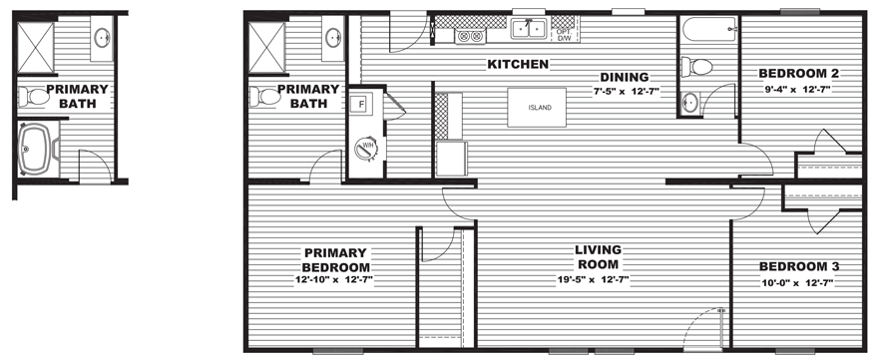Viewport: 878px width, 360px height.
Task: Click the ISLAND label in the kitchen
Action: coord(540,108)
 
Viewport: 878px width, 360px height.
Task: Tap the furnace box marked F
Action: coord(361,104)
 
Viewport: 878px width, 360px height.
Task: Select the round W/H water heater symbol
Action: coord(368,148)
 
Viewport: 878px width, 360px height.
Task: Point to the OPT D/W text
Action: coord(563,35)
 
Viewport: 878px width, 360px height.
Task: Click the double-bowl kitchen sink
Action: coord(528,29)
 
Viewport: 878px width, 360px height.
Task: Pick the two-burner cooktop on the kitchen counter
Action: coord(470,36)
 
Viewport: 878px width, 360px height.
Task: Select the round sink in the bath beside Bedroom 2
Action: coord(689,103)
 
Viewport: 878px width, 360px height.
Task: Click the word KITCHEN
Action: coord(518,65)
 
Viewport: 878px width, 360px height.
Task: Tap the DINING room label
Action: coord(625,77)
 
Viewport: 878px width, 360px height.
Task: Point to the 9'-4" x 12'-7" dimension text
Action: coord(793,89)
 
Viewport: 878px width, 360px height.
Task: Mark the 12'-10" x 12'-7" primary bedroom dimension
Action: coord(334,280)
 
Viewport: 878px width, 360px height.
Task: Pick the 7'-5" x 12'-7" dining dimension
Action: coord(627,91)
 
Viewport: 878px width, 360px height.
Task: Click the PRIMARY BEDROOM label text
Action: coord(336,260)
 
